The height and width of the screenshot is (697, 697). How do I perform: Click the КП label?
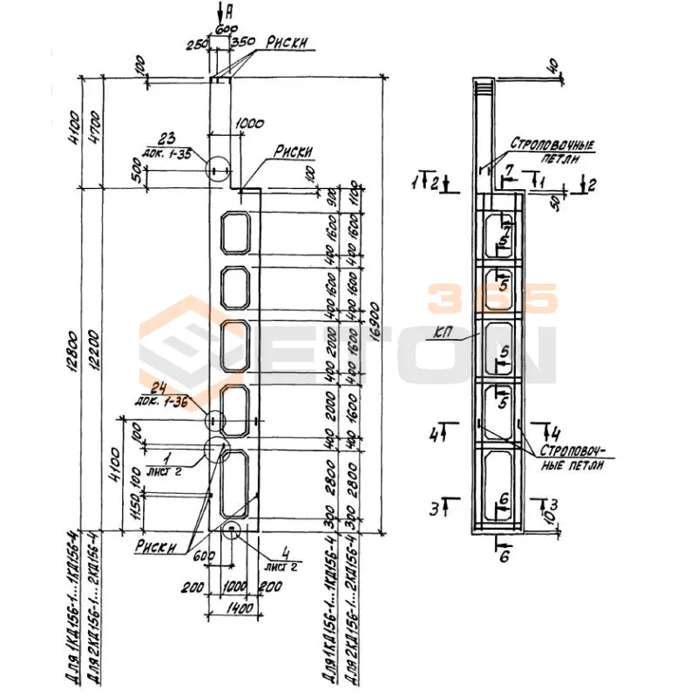click(x=443, y=331)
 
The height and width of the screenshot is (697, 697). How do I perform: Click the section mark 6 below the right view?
click(x=504, y=558)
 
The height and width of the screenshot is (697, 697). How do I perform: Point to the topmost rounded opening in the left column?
click(x=236, y=232)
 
